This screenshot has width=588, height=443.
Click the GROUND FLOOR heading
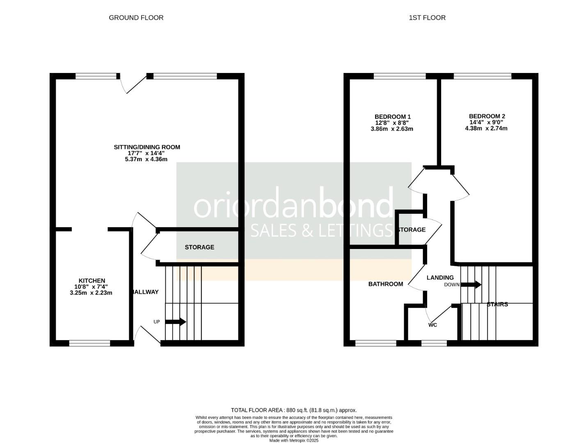tap(136, 18)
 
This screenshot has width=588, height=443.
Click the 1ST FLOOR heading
tap(427, 18)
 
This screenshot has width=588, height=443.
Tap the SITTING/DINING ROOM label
tap(147, 147)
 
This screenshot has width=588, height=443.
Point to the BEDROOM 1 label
tap(393, 116)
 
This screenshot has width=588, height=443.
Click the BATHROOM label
tap(386, 284)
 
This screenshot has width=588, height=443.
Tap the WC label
tap(432, 325)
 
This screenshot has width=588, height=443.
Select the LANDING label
tap(440, 278)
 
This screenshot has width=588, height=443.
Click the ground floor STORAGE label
tap(199, 247)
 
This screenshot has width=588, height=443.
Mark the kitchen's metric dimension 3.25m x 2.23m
tap(91, 293)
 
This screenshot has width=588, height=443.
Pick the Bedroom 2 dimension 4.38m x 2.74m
tap(486, 128)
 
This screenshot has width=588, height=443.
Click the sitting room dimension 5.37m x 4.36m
tap(146, 159)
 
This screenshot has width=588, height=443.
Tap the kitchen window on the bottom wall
tap(89, 343)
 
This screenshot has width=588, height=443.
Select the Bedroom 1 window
tap(400, 76)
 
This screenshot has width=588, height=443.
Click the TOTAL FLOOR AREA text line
tap(294, 410)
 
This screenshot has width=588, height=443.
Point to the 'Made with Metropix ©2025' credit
tap(294, 440)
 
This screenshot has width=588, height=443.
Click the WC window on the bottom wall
tap(431, 343)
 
